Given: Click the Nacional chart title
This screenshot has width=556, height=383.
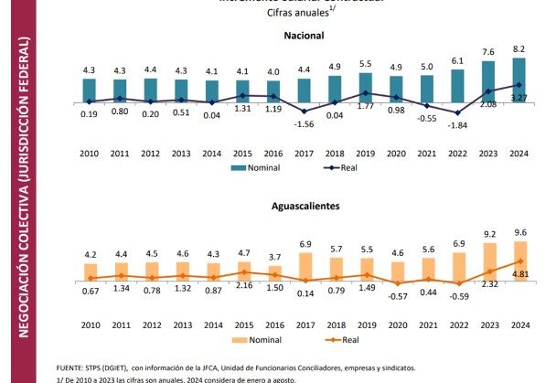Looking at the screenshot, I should (305, 36).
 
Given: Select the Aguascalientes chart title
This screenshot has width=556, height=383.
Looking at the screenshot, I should (305, 207).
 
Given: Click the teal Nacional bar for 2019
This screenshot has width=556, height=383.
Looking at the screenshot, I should (365, 86).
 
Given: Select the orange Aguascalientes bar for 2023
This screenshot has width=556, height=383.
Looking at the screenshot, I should (488, 260).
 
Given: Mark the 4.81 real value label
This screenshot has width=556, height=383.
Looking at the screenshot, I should (519, 273).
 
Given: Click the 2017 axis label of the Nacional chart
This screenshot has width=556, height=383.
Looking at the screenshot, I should (305, 154).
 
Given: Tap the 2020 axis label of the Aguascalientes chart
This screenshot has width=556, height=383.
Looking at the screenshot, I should (396, 325).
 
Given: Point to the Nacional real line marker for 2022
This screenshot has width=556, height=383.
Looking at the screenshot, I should (457, 113).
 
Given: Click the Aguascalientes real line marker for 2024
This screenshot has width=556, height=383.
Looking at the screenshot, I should (519, 261).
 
